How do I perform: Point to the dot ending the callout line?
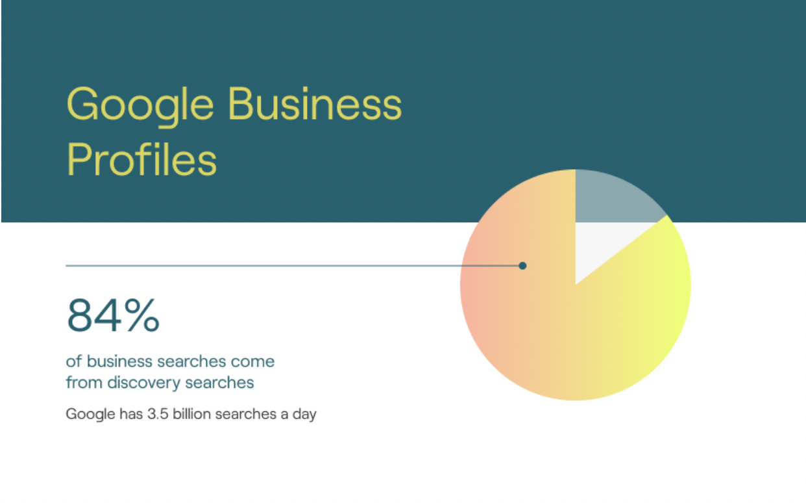pyautogui.click(x=523, y=265)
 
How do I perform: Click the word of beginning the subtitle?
pyautogui.click(x=74, y=361)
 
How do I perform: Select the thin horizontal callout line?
pyautogui.click(x=260, y=265)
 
